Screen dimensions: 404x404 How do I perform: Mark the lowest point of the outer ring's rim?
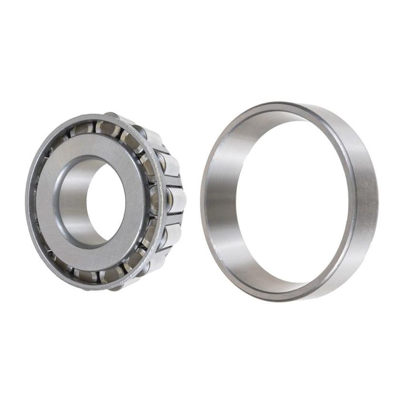290,300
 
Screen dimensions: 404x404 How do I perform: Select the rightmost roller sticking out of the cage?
176,200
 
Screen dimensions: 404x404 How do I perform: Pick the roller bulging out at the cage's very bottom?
114,287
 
